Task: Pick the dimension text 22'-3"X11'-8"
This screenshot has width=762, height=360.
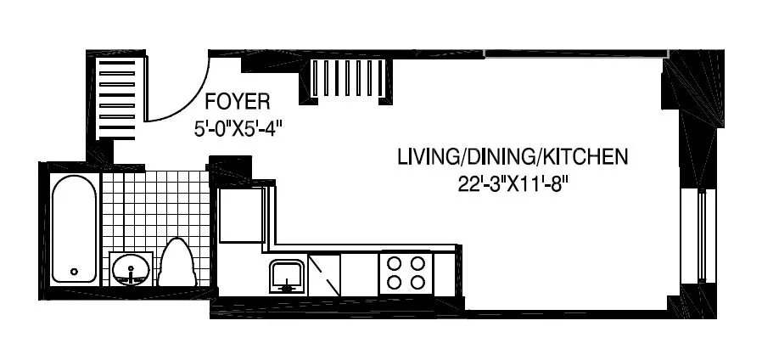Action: tap(512, 184)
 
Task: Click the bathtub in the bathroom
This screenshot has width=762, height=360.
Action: tap(74, 228)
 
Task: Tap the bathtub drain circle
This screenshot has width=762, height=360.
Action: tap(74, 273)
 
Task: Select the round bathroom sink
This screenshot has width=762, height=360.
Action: tap(131, 270)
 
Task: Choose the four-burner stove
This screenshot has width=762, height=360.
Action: tap(405, 273)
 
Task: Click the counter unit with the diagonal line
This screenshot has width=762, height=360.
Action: tap(324, 274)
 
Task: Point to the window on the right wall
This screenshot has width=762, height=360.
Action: tap(702, 236)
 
